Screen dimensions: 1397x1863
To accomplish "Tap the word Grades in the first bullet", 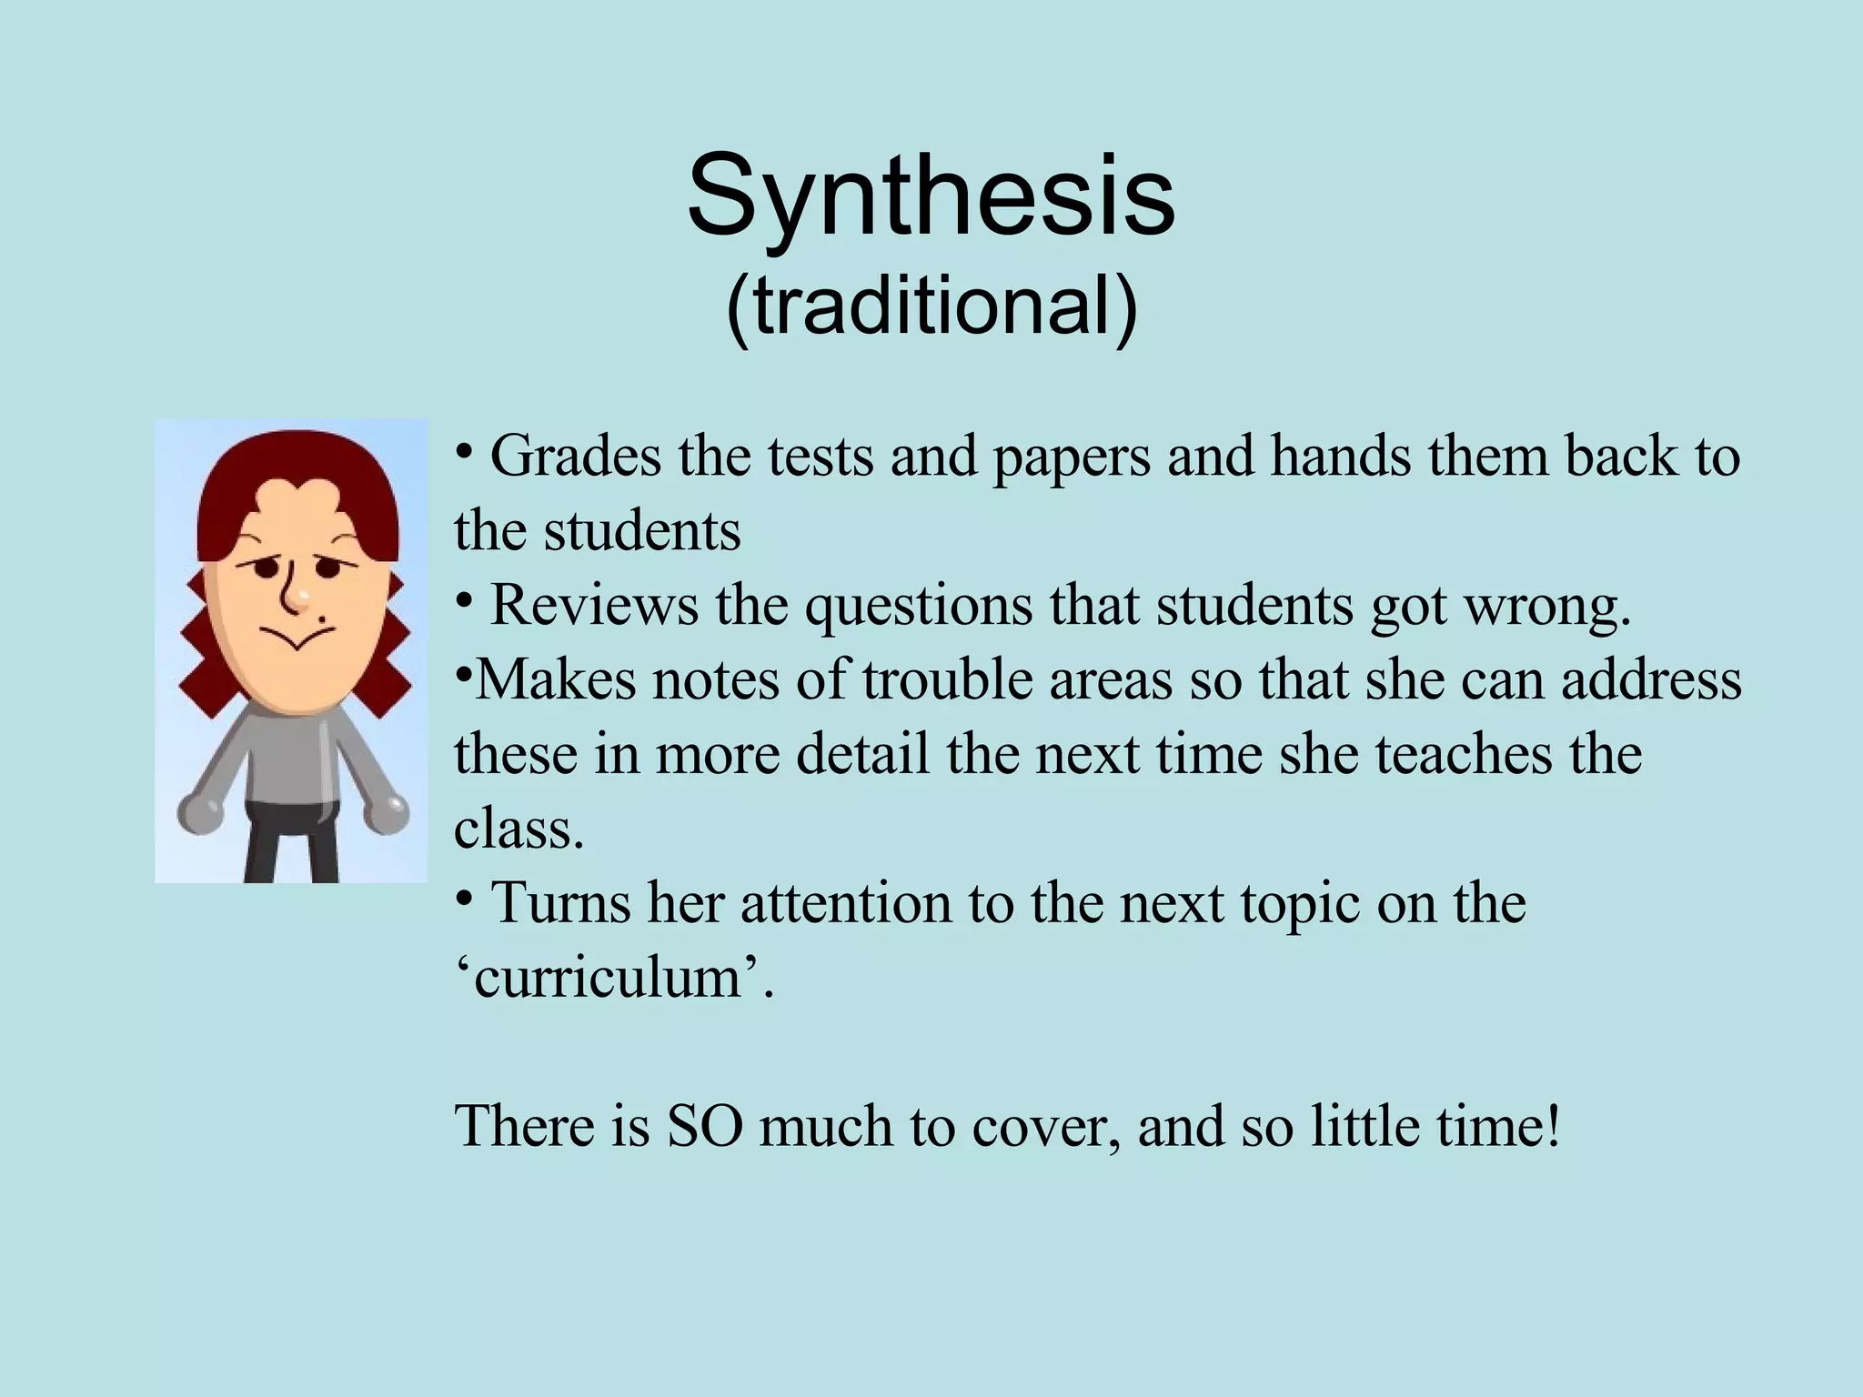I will [575, 457].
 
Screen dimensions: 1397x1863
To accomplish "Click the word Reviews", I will [594, 605].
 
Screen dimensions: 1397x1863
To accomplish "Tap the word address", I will [1651, 680].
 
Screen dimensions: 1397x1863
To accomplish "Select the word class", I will [519, 829].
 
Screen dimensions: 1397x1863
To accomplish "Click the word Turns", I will [559, 903].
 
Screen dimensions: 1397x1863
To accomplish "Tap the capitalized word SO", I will [703, 1127].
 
